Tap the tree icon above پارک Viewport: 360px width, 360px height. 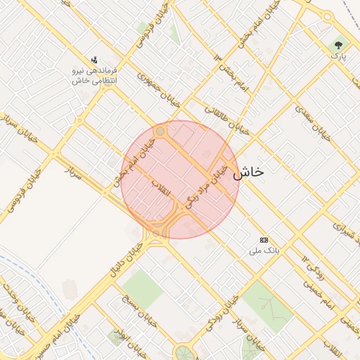point(338,44)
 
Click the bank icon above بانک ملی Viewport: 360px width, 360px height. point(264,240)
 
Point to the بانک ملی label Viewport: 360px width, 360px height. point(266,250)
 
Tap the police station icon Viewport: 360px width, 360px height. point(94,60)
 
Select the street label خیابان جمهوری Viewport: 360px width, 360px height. point(159,90)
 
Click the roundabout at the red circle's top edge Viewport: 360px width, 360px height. point(160,131)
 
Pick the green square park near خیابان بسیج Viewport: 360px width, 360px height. point(143,288)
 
